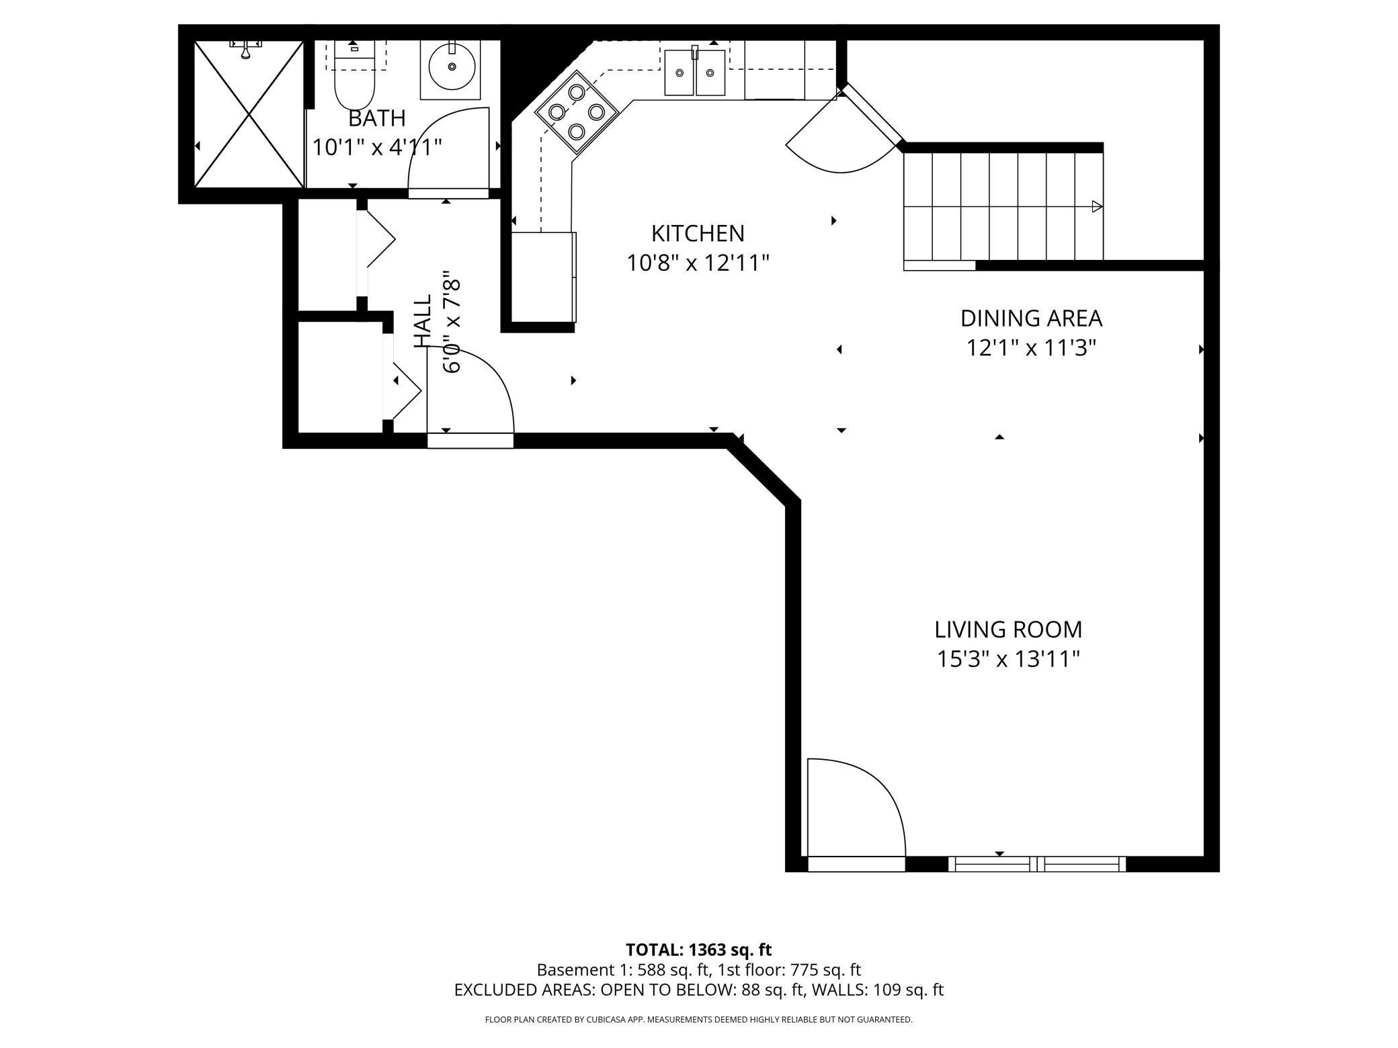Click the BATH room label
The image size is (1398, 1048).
(377, 118)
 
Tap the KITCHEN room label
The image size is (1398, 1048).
(698, 233)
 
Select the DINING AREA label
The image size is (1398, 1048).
(1031, 318)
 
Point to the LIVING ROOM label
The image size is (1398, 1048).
(1008, 629)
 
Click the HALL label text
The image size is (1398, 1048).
(422, 321)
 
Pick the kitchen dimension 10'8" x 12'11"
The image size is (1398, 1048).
(698, 263)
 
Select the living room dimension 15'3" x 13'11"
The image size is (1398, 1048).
(1008, 659)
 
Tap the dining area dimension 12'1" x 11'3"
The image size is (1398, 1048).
(1031, 347)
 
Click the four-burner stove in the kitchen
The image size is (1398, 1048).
(576, 112)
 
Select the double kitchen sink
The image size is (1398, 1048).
(695, 72)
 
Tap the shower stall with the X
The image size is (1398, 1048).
(249, 114)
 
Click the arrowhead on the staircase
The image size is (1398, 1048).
(1097, 206)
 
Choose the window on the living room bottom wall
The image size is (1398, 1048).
(1037, 864)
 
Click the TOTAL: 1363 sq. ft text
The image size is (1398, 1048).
(699, 950)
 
